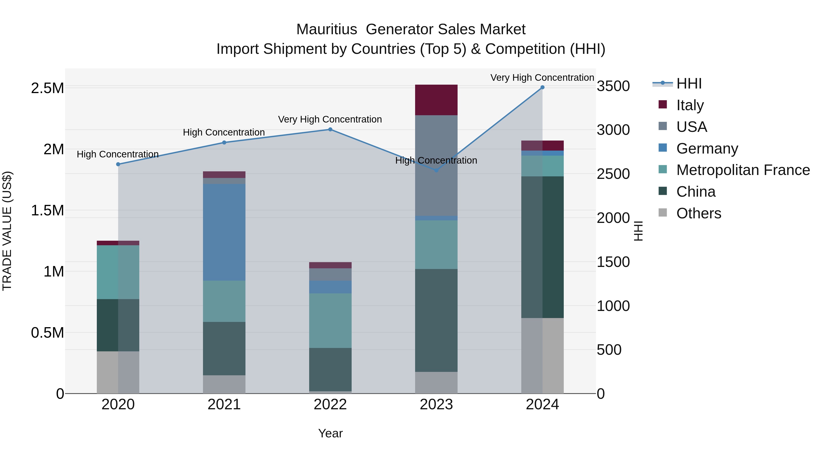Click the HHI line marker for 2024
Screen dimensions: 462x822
[x=542, y=87]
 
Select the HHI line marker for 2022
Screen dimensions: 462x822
[x=330, y=129]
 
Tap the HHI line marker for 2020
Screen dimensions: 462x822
[x=118, y=164]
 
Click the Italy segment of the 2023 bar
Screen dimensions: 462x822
[x=436, y=100]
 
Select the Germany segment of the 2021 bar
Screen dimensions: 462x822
[x=224, y=232]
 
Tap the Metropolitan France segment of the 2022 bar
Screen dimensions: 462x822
[x=330, y=321]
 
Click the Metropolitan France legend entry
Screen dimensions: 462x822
[x=743, y=170]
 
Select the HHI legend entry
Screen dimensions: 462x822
[x=689, y=84]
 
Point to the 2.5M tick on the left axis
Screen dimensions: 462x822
[x=47, y=88]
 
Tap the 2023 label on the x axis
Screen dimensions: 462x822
[x=436, y=405]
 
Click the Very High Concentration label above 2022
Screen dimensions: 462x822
[x=330, y=120]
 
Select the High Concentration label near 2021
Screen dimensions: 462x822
[x=224, y=132]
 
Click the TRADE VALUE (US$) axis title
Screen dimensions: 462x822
[x=7, y=231]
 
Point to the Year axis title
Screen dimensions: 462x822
[x=330, y=433]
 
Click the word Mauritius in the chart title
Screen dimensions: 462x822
[x=327, y=30]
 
